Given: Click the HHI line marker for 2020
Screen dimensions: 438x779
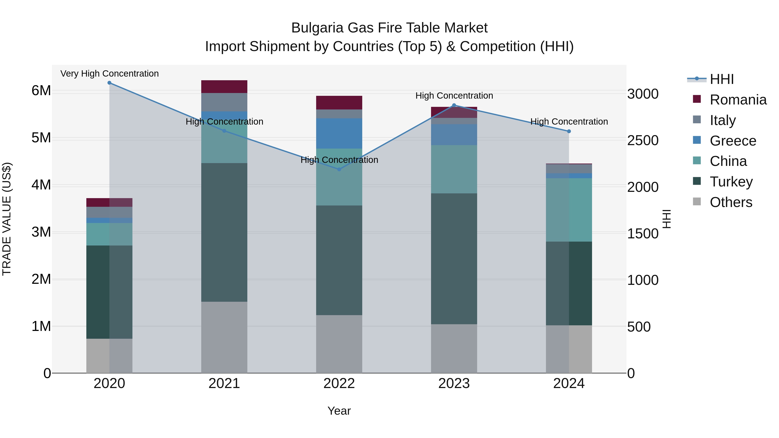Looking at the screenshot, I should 109,83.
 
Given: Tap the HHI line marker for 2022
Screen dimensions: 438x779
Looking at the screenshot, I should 339,169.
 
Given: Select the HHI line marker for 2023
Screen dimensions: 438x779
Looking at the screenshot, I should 454,105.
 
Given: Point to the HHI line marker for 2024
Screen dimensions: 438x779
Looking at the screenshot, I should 569,131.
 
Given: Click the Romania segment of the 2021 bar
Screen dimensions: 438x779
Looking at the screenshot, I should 224,87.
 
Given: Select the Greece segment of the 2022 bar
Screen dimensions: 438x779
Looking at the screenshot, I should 339,133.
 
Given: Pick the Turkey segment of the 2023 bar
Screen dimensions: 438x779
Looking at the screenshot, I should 454,259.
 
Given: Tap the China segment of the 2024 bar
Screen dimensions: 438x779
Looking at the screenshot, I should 569,210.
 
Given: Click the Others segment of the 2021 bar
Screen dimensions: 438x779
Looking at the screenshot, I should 224,337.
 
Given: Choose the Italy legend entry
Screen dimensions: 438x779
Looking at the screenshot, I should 723,120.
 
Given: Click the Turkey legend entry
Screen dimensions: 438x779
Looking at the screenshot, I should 731,182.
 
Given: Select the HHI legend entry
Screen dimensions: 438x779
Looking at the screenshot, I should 721,79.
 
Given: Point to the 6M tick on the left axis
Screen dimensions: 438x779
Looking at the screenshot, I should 41,90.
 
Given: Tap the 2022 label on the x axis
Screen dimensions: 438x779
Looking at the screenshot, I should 339,383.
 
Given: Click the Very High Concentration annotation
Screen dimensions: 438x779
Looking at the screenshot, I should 109,74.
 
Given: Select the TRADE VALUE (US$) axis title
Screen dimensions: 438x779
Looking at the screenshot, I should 7,219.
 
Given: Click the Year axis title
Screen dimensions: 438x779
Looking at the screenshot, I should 339,411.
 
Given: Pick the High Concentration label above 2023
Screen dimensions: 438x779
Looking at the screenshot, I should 454,96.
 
